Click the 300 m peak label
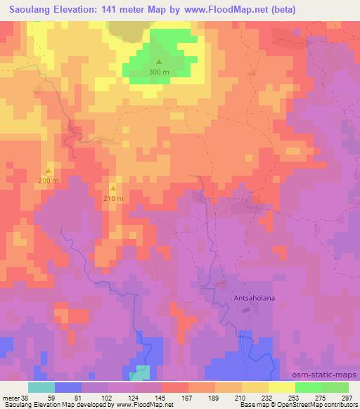click(x=159, y=72)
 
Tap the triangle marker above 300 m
click(x=159, y=62)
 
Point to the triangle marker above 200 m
click(x=49, y=171)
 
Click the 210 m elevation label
click(x=114, y=198)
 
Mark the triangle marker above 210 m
click(x=114, y=188)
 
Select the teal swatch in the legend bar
click(x=41, y=387)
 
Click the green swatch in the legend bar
click(x=322, y=387)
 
